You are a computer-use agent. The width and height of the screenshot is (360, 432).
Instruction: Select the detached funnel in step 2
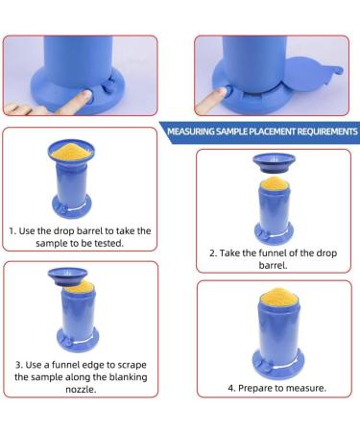pyautogui.click(x=274, y=162)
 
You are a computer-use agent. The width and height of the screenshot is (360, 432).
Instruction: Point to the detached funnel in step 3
pyautogui.click(x=67, y=276)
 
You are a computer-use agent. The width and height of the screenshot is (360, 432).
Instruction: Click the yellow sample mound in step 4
pyautogui.click(x=280, y=297)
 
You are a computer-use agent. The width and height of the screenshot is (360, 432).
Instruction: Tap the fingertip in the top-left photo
pyautogui.click(x=85, y=95)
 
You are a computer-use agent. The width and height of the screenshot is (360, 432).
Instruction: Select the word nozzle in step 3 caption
pyautogui.click(x=81, y=390)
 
